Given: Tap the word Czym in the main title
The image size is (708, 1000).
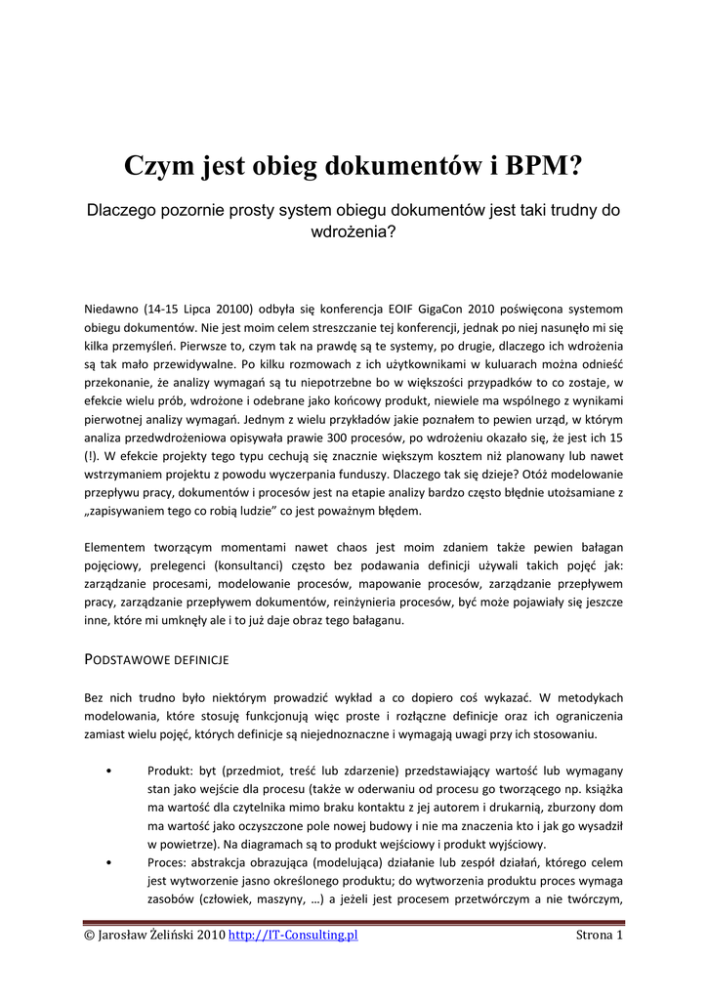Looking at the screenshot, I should coord(159,167).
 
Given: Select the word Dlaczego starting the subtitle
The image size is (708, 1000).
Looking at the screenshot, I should coord(122,210).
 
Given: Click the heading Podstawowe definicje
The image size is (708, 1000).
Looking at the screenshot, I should coord(156,660).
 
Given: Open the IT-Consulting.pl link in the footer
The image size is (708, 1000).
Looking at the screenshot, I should coord(293,935).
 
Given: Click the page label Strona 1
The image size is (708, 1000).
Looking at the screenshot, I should coord(600,935).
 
